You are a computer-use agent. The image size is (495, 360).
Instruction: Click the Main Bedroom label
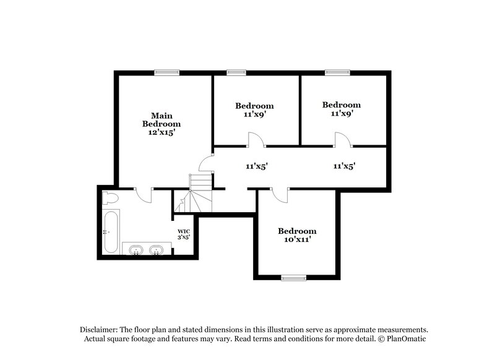click(x=162, y=119)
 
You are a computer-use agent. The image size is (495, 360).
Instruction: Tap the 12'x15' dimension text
click(x=162, y=133)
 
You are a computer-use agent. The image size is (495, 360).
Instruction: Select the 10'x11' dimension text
click(x=297, y=240)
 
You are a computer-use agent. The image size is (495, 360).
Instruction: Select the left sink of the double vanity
click(x=136, y=250)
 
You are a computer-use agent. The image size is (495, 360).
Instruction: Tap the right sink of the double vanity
click(x=157, y=250)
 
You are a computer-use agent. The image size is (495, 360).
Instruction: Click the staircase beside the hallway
click(x=200, y=192)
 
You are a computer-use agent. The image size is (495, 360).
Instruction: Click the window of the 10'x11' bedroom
click(x=293, y=278)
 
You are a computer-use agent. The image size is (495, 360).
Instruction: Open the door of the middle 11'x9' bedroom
click(x=256, y=140)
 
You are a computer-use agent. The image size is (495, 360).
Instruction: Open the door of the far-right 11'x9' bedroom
click(x=343, y=140)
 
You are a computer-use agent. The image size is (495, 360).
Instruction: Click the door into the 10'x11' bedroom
click(x=280, y=194)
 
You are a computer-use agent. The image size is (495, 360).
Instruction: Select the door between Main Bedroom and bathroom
click(x=144, y=194)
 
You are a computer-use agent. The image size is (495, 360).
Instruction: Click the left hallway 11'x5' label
click(x=256, y=166)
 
